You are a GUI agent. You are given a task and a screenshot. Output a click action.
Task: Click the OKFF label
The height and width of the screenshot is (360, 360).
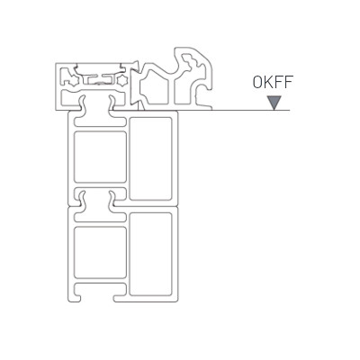tap(273, 82)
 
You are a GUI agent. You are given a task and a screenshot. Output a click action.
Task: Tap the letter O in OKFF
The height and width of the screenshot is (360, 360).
tap(257, 82)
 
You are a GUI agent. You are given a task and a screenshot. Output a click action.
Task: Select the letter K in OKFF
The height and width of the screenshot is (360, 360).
tap(268, 82)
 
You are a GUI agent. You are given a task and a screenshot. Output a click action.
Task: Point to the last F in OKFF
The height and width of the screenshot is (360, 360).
tap(288, 82)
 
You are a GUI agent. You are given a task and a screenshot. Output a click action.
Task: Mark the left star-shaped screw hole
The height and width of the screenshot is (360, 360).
tap(74, 80)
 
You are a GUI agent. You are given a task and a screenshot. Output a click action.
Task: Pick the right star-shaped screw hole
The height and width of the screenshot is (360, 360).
tap(122, 80)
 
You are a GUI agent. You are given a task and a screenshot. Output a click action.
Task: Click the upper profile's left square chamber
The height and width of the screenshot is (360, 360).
tap(100, 157)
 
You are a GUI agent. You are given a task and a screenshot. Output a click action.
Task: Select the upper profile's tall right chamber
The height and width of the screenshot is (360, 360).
tap(150, 158)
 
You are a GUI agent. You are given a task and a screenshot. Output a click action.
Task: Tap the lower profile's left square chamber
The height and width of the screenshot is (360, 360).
tap(100, 253)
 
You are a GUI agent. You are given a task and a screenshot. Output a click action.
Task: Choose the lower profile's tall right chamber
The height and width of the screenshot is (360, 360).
tap(150, 255)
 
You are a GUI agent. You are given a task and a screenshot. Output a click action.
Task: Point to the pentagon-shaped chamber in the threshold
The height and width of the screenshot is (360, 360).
tap(155, 87)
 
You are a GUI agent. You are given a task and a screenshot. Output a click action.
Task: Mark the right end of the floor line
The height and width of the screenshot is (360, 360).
tap(290, 111)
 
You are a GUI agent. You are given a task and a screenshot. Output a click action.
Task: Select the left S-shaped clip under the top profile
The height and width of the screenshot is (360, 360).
tap(82, 103)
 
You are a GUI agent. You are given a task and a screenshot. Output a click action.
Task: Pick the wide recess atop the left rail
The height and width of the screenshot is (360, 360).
tap(100, 68)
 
